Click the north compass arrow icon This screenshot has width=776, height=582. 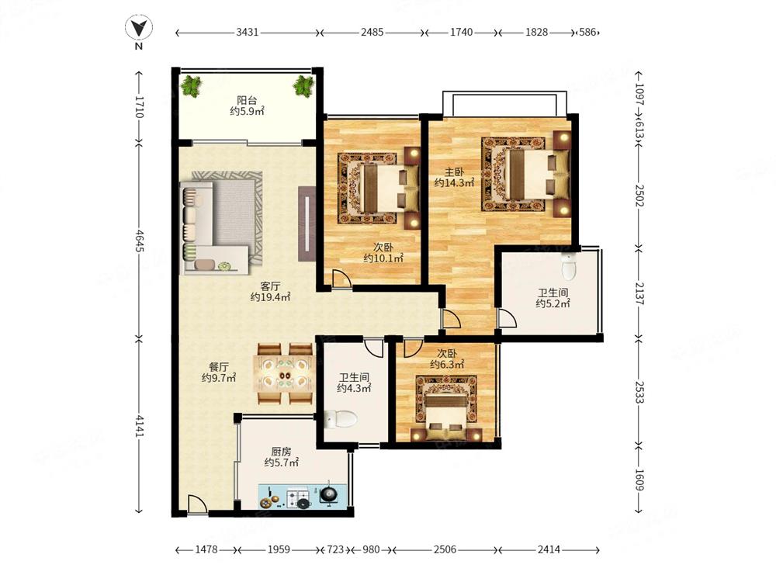(139, 28)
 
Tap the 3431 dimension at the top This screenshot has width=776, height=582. (248, 32)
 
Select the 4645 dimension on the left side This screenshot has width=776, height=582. (139, 241)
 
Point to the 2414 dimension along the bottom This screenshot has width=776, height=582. (549, 549)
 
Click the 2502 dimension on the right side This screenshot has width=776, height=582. (639, 196)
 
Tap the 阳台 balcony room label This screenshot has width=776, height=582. (247, 100)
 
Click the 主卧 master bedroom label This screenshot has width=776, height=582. (454, 172)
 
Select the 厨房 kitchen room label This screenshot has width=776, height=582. (281, 452)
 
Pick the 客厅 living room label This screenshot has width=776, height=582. (270, 286)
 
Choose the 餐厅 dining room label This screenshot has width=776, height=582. (219, 367)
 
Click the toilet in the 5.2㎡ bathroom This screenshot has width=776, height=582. (570, 265)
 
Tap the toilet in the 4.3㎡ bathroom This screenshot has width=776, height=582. (341, 419)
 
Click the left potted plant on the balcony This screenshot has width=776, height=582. (192, 86)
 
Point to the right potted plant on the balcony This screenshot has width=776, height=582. (303, 86)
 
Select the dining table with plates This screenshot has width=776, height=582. (283, 374)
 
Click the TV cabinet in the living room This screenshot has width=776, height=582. (307, 223)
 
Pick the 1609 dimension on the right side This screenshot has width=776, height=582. (639, 480)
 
